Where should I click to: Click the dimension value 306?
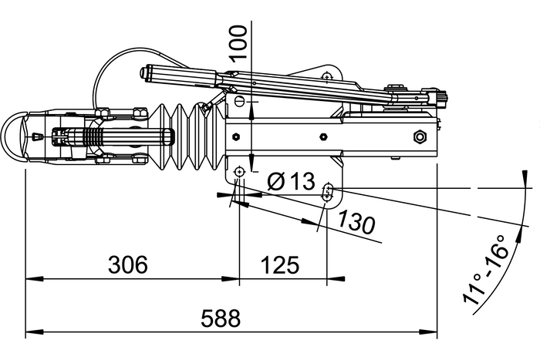[127, 265]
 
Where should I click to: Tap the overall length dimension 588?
[221, 318]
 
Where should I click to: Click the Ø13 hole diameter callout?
[291, 182]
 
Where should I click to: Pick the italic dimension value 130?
[356, 222]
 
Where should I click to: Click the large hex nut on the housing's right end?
[420, 137]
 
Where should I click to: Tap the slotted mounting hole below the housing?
[329, 190]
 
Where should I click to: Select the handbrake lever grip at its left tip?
[145, 74]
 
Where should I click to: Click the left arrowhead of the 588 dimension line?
[31, 333]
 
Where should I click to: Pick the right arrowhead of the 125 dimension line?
[326, 279]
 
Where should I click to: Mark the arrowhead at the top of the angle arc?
[526, 183]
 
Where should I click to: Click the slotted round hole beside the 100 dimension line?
[240, 102]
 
